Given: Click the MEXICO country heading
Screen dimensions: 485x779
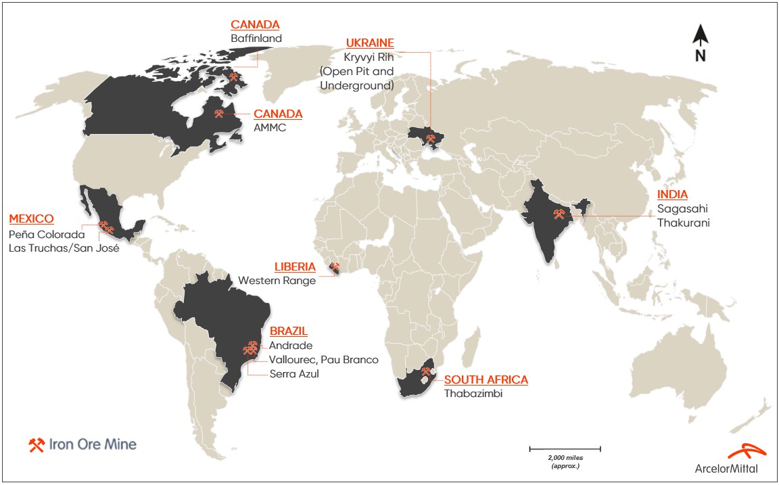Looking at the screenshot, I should coord(31,219).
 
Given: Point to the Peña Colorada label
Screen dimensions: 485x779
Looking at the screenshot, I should coord(47,234).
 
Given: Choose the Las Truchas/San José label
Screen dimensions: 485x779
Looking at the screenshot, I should coord(64,248).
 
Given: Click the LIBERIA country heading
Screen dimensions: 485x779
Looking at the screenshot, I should coord(295,267).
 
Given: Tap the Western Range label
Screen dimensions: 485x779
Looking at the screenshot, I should coord(277,281).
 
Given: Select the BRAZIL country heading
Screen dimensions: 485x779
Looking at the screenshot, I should coord(289,331).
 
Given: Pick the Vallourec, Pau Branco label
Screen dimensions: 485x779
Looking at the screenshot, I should coord(324,359).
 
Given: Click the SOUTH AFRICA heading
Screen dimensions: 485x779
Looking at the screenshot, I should coord(486,379).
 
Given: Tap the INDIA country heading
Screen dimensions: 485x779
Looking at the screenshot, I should coord(672,194).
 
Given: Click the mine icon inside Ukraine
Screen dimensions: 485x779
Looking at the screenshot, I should coord(431,139).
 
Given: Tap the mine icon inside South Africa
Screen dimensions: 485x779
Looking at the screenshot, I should coord(427,371).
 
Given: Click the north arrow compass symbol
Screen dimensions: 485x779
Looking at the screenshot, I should coord(701,43).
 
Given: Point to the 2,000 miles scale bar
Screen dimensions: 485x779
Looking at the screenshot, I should coord(565,448).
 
